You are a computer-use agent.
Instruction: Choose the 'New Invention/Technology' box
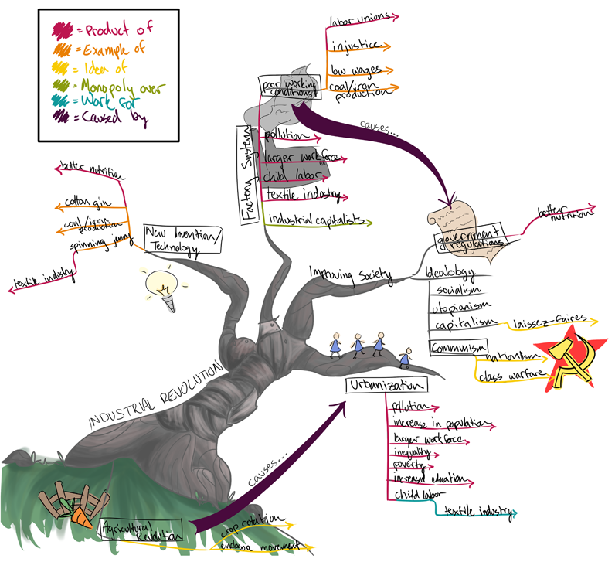pos(182,240)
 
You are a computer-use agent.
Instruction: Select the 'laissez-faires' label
pos(551,319)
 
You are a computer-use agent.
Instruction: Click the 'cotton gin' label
pos(87,203)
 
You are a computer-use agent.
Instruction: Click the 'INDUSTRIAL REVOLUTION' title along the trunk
pos(155,394)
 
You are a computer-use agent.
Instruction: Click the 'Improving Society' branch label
pos(350,274)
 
